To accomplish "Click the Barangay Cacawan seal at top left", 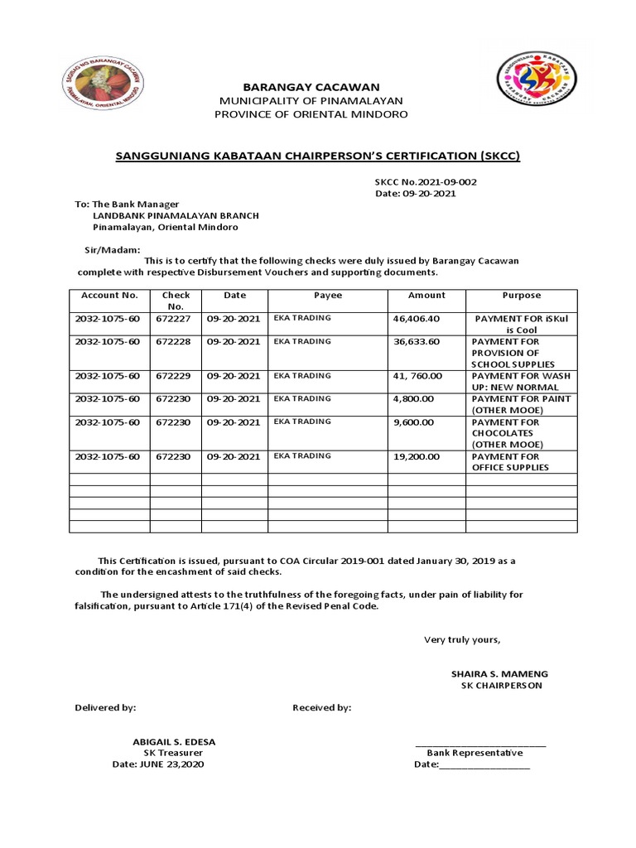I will tap(104, 81).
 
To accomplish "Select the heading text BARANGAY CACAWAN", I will tap(311, 87).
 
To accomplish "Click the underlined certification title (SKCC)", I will tap(317, 156).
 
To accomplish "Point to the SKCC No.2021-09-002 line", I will tap(426, 181).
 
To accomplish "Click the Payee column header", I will tap(327, 296).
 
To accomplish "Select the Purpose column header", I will tap(521, 296).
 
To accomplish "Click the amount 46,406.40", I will tap(417, 318).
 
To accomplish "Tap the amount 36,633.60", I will tap(417, 341).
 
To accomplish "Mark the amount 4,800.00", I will tap(412, 399).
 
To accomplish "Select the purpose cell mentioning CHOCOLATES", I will tap(505, 433).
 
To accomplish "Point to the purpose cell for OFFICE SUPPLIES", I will tap(510, 462).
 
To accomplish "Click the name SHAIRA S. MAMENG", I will tap(499, 674).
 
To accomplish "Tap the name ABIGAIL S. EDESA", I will tap(174, 741).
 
